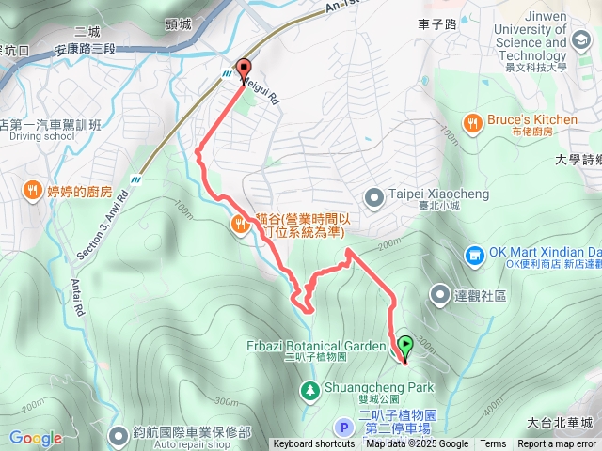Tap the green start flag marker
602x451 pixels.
pos(404,346)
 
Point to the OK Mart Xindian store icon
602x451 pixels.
pos(474,255)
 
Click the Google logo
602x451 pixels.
pos(36,438)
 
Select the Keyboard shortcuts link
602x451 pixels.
pos(314,444)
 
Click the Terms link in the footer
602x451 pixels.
pos(493,444)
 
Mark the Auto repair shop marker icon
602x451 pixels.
pos(119,433)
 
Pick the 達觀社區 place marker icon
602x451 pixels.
pos(439,295)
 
